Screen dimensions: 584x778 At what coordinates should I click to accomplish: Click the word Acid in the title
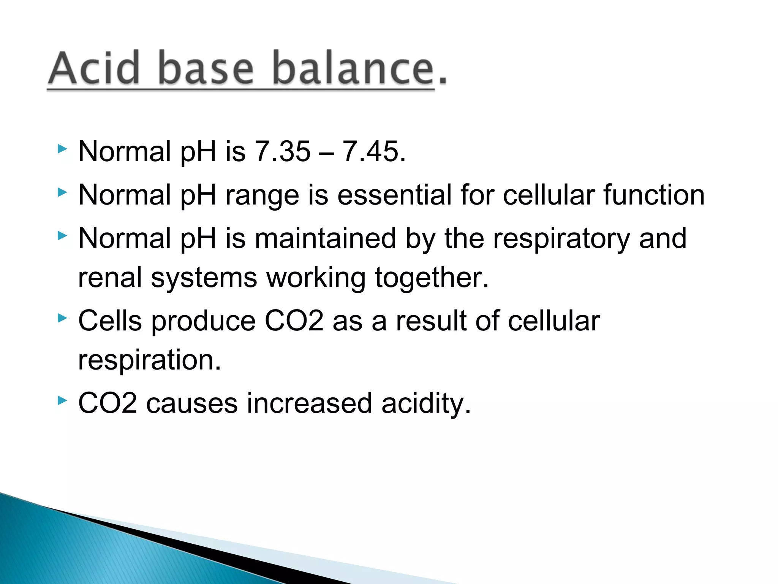tap(94, 68)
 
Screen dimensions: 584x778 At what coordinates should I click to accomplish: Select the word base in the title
tap(205, 68)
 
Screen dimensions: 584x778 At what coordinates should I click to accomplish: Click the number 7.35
tap(282, 152)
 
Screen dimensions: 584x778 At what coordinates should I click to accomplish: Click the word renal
tap(110, 278)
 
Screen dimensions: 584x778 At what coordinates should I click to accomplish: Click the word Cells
tap(110, 321)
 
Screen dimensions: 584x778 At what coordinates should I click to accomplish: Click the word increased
tap(309, 403)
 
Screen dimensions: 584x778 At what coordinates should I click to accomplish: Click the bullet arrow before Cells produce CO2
tap(62, 318)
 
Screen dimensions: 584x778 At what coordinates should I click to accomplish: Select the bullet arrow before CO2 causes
tap(62, 400)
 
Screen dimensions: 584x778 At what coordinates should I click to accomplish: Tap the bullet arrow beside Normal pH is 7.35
tap(62, 149)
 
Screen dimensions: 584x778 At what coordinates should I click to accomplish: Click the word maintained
tap(325, 239)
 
